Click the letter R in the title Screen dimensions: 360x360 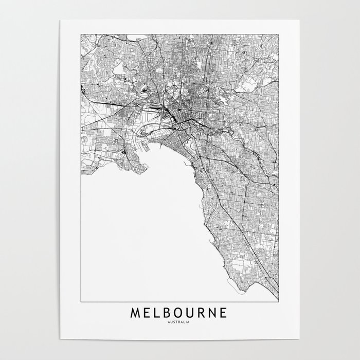(204, 313)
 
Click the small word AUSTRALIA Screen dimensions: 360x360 (180, 323)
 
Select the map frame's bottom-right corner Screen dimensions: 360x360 (279, 301)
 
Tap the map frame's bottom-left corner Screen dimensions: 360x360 (81, 301)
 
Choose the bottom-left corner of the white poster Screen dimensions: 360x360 (60, 340)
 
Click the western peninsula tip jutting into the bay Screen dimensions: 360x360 (149, 166)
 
